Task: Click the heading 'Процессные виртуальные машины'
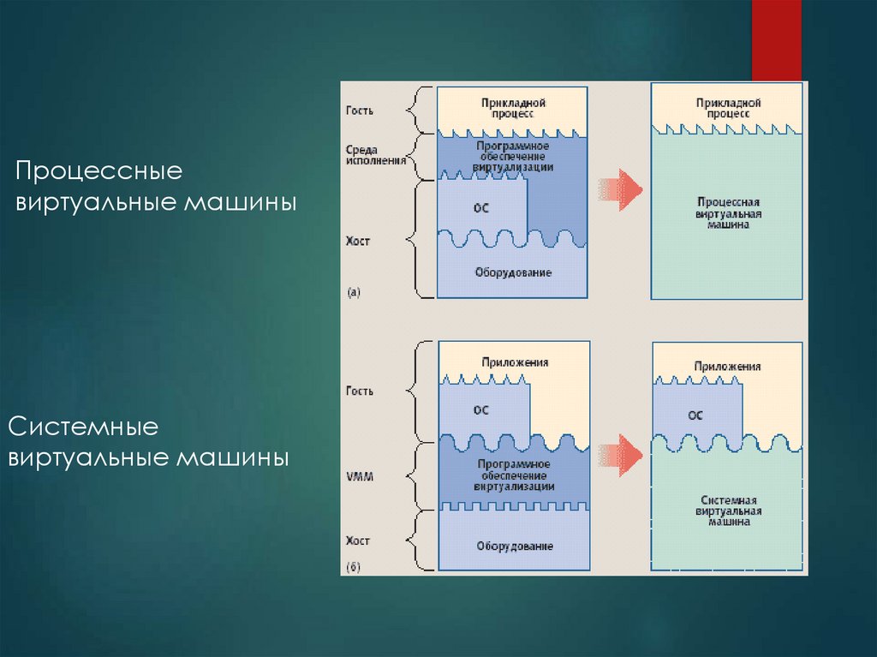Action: [x=154, y=187]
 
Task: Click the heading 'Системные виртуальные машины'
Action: [x=147, y=442]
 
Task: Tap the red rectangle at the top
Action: [x=776, y=39]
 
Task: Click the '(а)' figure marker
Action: [x=354, y=292]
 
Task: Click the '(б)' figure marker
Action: [x=354, y=567]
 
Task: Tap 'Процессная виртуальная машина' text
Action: [x=728, y=212]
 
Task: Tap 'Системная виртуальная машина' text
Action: [x=728, y=510]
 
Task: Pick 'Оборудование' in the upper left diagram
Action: [x=512, y=273]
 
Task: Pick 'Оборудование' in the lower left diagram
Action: [x=513, y=546]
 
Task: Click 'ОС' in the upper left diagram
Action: [x=480, y=208]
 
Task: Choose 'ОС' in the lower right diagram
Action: [x=695, y=415]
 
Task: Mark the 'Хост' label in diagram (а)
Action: [x=358, y=242]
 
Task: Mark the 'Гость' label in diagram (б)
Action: [x=360, y=391]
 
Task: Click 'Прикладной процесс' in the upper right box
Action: [x=728, y=107]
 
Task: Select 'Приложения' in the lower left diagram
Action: [x=514, y=362]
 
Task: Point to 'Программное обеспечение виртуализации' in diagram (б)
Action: [x=513, y=475]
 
